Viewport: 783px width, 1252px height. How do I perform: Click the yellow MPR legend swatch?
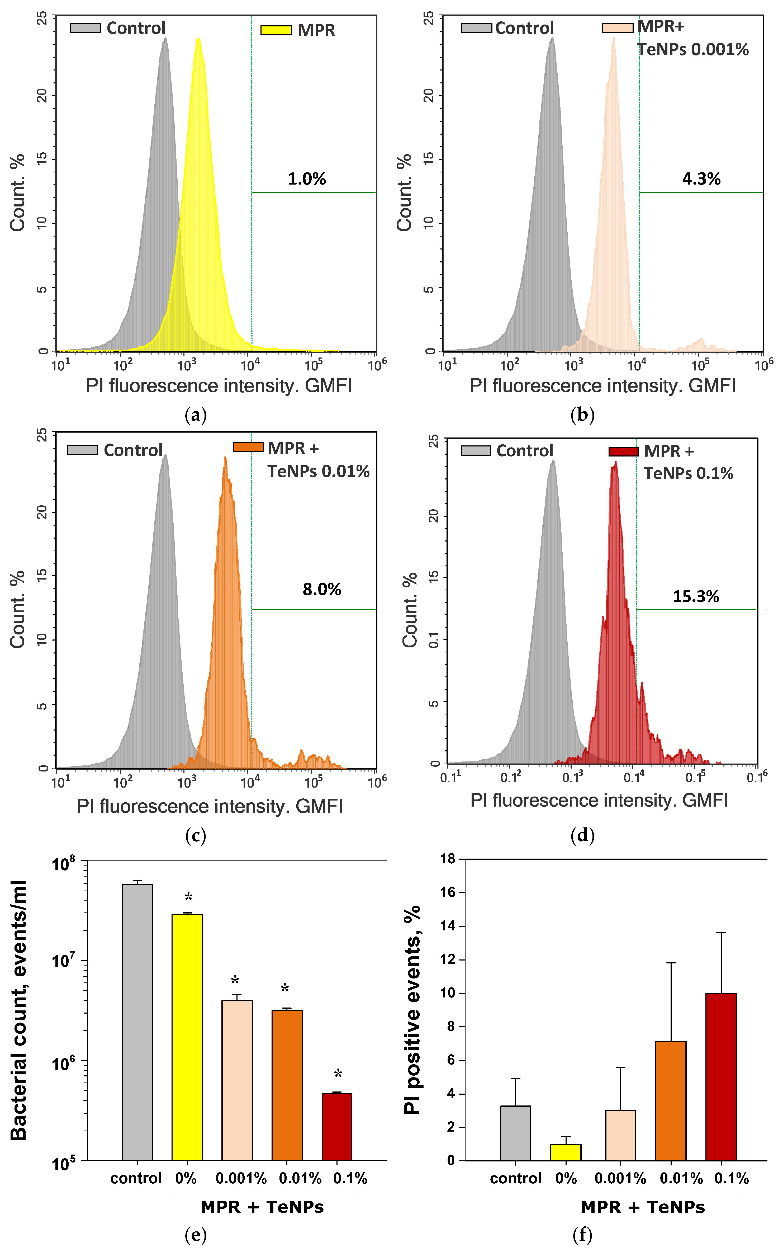pyautogui.click(x=276, y=30)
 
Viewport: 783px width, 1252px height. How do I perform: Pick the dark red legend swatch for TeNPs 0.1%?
pyautogui.click(x=623, y=451)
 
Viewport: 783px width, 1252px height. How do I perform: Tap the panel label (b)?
pyautogui.click(x=582, y=415)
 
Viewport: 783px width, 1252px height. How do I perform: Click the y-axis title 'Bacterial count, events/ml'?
pyautogui.click(x=19, y=1010)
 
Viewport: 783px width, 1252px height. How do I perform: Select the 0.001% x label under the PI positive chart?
pyautogui.click(x=620, y=1178)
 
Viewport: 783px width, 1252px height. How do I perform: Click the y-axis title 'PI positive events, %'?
pyautogui.click(x=413, y=1010)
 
